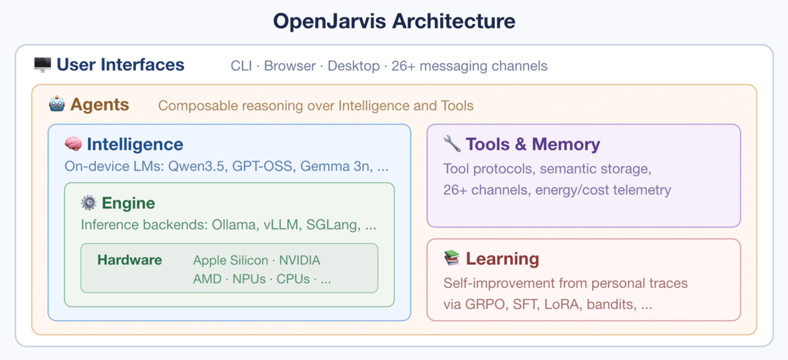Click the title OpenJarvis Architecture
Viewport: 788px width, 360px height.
coord(394,21)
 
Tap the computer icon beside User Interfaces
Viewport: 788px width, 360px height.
coord(42,65)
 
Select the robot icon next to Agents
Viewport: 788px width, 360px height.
coord(57,105)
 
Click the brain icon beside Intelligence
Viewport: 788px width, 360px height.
coord(73,145)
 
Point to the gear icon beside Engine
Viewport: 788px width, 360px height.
coord(89,203)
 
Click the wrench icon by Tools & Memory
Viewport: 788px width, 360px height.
coord(451,145)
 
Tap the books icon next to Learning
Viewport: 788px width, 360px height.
coord(451,258)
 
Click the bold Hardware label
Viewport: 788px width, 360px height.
coord(129,260)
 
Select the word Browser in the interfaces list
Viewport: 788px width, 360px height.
coord(291,66)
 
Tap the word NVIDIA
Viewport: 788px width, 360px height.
coord(300,260)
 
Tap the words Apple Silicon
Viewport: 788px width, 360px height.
coord(231,260)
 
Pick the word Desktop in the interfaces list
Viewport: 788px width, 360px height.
coord(353,66)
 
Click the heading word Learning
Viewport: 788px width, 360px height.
coord(502,259)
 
